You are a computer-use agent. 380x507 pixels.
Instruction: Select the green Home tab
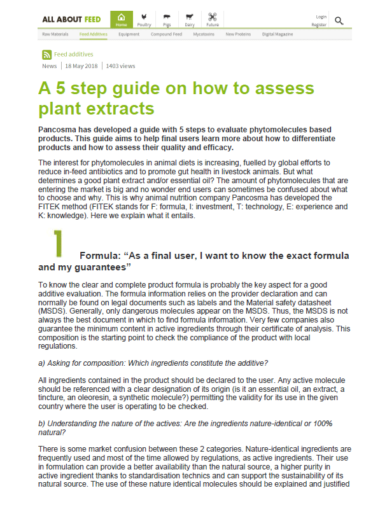click(x=122, y=20)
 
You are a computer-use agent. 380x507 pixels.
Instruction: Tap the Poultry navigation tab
click(x=144, y=20)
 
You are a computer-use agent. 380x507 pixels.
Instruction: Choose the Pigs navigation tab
click(x=167, y=20)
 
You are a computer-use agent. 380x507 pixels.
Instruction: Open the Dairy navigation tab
click(x=189, y=20)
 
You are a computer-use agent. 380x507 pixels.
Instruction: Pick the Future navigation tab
click(x=211, y=20)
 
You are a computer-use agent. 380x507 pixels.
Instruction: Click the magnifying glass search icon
click(x=339, y=20)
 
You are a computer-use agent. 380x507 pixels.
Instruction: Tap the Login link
click(x=321, y=17)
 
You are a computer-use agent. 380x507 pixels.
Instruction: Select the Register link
click(x=319, y=24)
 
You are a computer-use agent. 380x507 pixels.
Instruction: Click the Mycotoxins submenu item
click(x=204, y=34)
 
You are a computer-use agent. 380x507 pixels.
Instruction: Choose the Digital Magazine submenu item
click(x=277, y=34)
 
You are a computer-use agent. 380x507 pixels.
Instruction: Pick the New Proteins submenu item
click(x=238, y=34)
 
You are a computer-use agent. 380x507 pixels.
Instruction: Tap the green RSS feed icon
click(x=46, y=55)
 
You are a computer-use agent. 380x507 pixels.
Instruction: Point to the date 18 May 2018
click(x=81, y=66)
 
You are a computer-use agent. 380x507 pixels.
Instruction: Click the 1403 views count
click(x=121, y=66)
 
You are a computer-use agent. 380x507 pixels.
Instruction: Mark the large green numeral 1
click(x=58, y=242)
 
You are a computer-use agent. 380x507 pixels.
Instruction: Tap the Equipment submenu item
click(x=129, y=34)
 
